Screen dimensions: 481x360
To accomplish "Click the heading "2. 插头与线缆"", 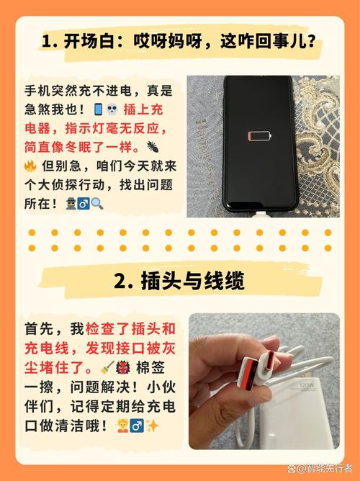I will click(180, 281).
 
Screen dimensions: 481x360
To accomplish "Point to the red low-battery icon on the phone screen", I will click(256, 135).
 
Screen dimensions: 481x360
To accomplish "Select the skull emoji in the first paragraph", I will click(112, 110).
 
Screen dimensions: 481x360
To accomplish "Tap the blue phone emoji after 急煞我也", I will click(99, 110).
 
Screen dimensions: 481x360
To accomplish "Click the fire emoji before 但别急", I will click(30, 166).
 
